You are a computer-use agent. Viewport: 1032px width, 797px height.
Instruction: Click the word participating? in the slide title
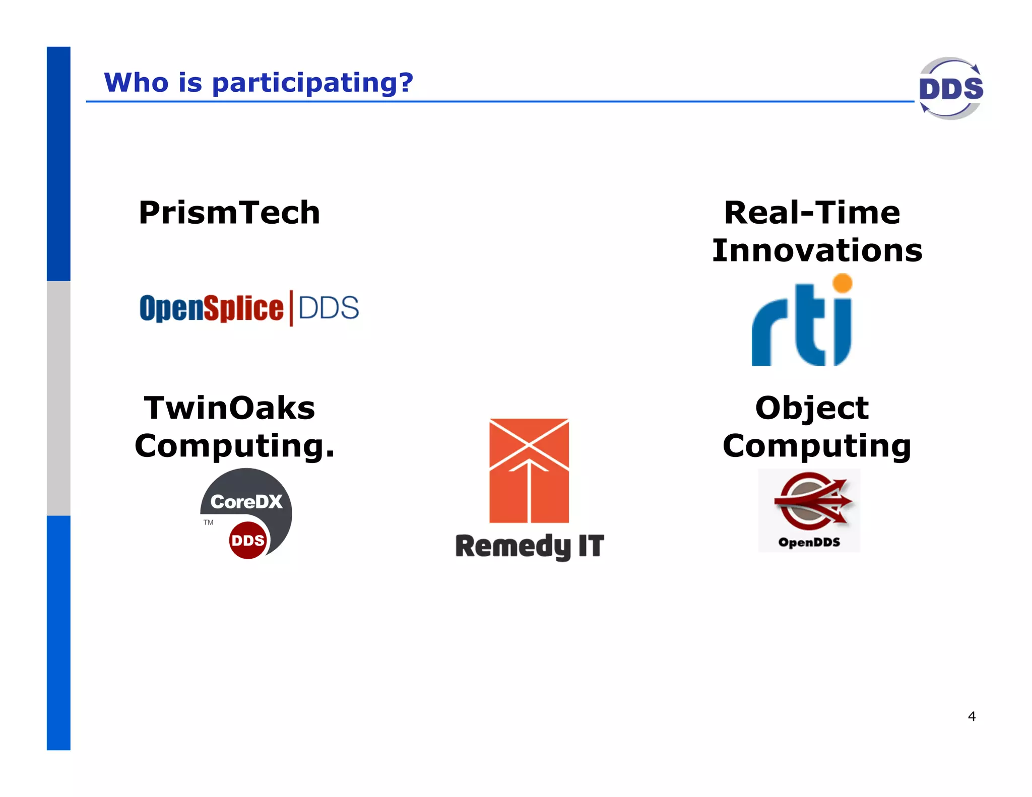point(312,83)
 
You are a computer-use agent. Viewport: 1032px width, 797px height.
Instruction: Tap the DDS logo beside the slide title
point(950,89)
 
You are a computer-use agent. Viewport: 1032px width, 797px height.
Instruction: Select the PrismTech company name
point(229,213)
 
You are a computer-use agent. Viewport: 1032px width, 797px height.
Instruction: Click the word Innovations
point(817,250)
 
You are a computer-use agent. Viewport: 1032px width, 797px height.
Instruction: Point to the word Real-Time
point(812,213)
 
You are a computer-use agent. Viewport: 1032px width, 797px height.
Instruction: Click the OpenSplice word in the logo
point(211,308)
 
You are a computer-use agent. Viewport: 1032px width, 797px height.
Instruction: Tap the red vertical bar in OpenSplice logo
point(291,308)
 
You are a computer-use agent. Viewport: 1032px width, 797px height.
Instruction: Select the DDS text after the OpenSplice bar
point(329,308)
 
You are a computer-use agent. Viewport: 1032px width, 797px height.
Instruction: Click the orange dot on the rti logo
point(843,283)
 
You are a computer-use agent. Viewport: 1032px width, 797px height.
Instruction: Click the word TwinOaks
point(229,408)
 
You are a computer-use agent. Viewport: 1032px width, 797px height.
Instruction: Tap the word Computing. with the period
point(234,446)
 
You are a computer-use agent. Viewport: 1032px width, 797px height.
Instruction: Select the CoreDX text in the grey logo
point(246,501)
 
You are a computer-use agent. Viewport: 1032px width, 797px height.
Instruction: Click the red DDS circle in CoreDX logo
point(247,541)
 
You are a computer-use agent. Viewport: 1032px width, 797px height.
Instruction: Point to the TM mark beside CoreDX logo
point(208,522)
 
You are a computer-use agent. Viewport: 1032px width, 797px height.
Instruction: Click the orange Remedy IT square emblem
point(529,471)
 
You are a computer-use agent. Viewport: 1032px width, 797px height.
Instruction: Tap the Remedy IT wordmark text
point(529,547)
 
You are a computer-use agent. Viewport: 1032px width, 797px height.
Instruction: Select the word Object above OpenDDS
point(812,408)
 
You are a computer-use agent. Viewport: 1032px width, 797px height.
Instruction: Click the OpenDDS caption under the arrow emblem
point(809,543)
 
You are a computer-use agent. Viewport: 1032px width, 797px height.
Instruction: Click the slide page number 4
point(972,716)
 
